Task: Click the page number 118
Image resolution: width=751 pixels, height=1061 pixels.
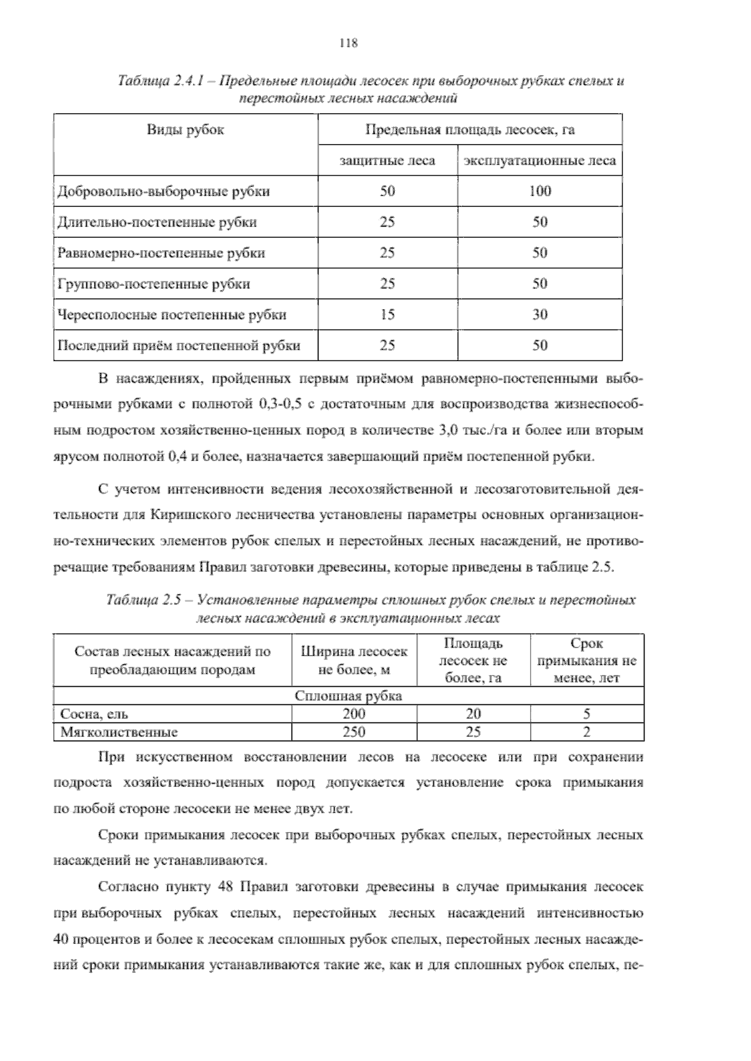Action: [x=348, y=43]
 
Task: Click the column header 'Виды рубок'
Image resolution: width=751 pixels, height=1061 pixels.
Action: [x=185, y=130]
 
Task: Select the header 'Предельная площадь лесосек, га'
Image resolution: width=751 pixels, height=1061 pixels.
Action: [x=469, y=130]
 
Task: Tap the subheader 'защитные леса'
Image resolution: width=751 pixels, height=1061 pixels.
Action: [x=387, y=161]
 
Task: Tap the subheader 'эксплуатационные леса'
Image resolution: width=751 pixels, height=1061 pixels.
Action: [x=539, y=161]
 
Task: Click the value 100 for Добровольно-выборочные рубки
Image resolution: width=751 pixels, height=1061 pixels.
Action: [x=539, y=191]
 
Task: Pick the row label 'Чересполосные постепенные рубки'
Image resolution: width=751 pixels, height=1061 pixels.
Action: [x=172, y=315]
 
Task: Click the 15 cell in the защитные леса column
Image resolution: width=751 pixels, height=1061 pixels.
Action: [x=387, y=315]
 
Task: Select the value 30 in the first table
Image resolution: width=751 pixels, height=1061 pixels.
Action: [x=539, y=315]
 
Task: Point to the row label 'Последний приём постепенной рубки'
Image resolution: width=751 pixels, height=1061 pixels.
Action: [x=179, y=345]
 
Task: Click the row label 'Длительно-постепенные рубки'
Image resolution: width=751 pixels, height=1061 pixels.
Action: [x=157, y=222]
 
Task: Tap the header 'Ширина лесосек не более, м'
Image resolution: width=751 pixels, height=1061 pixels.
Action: [x=354, y=661]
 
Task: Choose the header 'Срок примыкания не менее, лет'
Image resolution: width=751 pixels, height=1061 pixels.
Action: [x=586, y=661]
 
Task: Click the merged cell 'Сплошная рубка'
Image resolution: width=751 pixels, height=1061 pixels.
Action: [x=348, y=696]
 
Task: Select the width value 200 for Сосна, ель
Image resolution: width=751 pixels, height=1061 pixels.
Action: [x=354, y=714]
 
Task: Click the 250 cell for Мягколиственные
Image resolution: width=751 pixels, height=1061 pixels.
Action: [x=354, y=732]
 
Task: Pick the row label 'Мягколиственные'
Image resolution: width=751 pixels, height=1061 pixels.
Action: [x=119, y=732]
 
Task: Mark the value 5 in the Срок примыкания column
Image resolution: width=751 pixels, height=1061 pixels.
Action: [x=586, y=714]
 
